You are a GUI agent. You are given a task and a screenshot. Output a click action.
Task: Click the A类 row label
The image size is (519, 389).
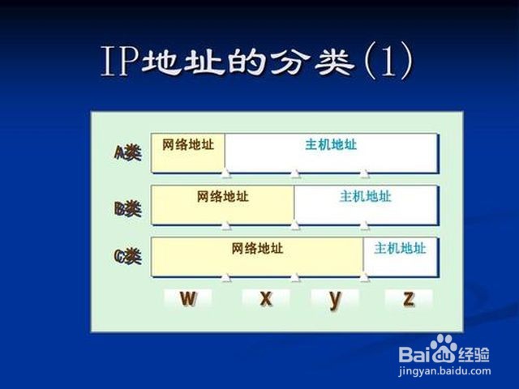click(128, 153)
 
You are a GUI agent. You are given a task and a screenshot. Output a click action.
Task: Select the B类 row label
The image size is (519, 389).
click(128, 208)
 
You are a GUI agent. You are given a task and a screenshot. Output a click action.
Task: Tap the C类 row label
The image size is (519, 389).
click(128, 256)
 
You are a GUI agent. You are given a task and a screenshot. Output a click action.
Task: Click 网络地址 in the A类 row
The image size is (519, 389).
click(188, 144)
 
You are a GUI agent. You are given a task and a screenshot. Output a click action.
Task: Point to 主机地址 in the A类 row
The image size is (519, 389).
click(331, 144)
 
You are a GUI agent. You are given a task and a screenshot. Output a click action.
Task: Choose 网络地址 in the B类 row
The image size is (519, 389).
click(223, 196)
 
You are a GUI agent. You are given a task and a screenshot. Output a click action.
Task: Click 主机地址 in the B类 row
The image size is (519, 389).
click(366, 196)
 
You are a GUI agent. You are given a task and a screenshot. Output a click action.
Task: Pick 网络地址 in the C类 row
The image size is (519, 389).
click(257, 249)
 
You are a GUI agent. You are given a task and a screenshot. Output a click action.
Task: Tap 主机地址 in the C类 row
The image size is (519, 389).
click(400, 249)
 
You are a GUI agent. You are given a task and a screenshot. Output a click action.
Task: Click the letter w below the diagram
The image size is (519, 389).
click(188, 298)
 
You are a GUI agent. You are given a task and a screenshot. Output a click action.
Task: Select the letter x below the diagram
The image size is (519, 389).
click(266, 298)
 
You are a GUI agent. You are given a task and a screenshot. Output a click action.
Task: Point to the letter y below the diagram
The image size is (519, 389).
click(335, 300)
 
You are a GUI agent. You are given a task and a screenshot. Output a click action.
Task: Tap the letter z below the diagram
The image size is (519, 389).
click(409, 298)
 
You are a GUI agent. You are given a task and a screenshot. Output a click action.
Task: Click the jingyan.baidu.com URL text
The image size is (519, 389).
click(444, 371)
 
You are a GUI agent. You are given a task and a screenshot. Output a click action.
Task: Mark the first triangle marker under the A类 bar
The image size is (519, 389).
click(226, 173)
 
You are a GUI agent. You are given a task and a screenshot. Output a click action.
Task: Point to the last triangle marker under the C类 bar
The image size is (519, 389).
click(364, 277)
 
